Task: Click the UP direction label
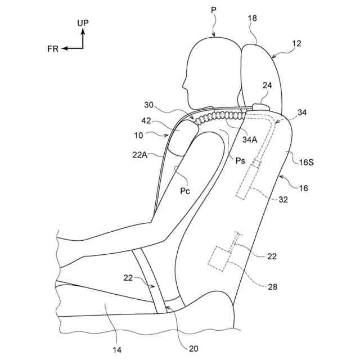pyautogui.click(x=82, y=23)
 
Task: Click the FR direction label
pyautogui.click(x=53, y=49)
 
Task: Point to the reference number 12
pyautogui.click(x=296, y=43)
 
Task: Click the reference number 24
pyautogui.click(x=267, y=85)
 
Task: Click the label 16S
pyautogui.click(x=306, y=162)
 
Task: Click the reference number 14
pyautogui.click(x=116, y=350)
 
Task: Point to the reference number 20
pyautogui.click(x=193, y=349)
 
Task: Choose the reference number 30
pyautogui.click(x=148, y=105)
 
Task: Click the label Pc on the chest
pyautogui.click(x=185, y=191)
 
